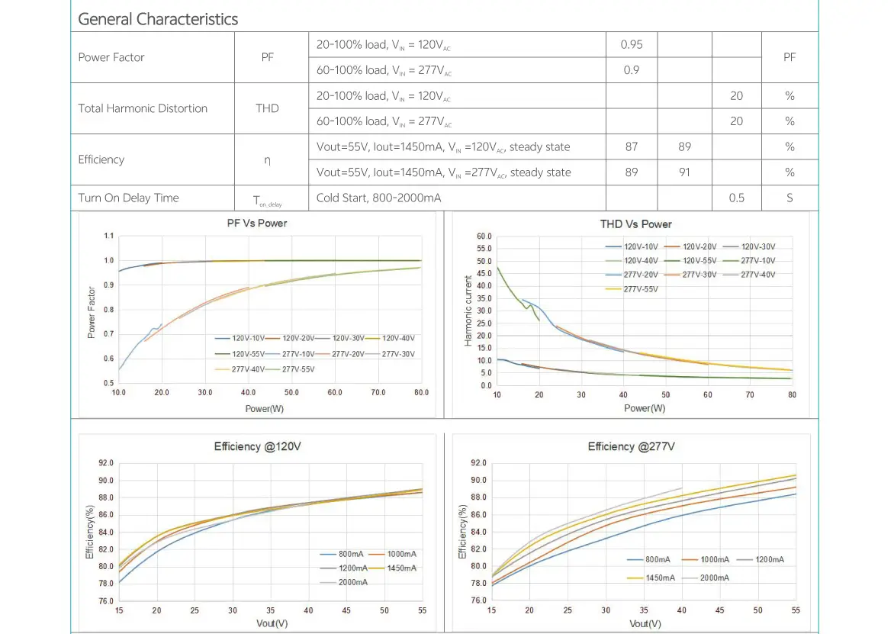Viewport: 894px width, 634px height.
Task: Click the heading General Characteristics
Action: tap(158, 19)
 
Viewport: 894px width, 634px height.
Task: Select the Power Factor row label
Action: tap(111, 57)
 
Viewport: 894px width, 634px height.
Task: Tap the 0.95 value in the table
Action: tap(632, 44)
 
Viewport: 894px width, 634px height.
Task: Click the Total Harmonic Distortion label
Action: tap(143, 108)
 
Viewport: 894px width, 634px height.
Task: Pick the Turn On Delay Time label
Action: tap(128, 198)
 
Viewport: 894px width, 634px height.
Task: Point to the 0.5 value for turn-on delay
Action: tap(736, 198)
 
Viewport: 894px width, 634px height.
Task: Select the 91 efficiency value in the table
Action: tap(684, 172)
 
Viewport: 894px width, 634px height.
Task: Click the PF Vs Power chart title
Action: tap(257, 223)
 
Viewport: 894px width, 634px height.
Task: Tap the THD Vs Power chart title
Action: tap(636, 224)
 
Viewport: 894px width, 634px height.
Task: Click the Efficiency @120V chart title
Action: tap(257, 446)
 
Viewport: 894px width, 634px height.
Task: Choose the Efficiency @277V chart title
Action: tap(631, 446)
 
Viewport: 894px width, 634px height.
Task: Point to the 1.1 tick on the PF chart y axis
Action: tap(110, 236)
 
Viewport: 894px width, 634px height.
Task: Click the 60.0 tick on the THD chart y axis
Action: tap(484, 237)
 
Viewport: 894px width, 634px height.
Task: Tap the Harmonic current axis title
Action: tap(469, 311)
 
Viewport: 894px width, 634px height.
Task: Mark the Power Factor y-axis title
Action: tap(92, 312)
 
